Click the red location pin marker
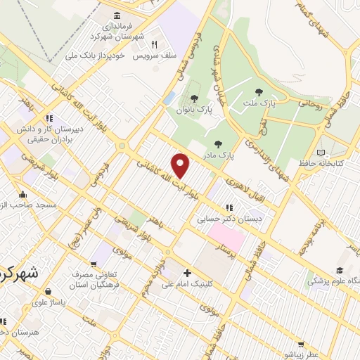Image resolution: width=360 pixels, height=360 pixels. click(181, 165)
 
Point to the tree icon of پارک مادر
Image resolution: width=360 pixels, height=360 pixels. click(217, 143)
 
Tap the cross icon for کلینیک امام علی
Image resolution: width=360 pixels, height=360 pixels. click(186, 273)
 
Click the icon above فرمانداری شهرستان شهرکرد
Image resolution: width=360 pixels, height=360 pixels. click(117, 15)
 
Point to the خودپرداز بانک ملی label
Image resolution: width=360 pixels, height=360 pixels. click(94, 54)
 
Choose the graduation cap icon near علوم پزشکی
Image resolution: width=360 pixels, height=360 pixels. click(339, 271)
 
